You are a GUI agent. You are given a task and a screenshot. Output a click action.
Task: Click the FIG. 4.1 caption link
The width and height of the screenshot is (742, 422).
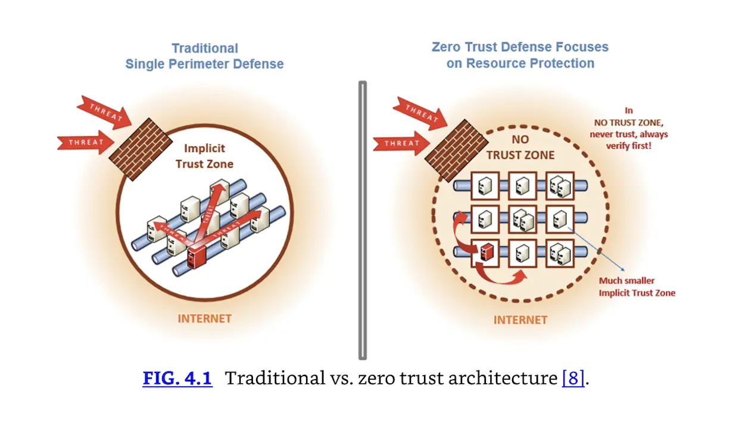coord(177,378)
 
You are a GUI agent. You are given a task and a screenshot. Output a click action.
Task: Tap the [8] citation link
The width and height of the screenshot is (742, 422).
coord(573,378)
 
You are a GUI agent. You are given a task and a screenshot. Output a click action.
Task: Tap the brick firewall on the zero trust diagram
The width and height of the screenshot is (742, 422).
coord(450,148)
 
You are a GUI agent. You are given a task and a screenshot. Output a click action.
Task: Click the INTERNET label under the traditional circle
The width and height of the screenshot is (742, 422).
coord(204,318)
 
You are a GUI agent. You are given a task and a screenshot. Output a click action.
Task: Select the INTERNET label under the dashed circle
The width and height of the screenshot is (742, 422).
coord(520,320)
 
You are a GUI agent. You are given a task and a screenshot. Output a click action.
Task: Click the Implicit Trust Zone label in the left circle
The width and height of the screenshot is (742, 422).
coord(204,156)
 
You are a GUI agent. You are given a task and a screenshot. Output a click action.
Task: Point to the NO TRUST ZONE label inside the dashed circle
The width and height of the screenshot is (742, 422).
coord(520,148)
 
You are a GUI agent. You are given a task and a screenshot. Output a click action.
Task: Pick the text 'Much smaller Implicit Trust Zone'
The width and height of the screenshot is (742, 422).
coord(637,287)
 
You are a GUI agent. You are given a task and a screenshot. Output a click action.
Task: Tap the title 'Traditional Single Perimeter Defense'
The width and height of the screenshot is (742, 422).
coord(204,56)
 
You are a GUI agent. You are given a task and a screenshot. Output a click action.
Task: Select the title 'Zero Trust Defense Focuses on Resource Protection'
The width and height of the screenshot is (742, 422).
coord(520,55)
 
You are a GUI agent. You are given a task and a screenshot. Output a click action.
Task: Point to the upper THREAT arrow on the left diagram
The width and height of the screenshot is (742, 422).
coord(104,111)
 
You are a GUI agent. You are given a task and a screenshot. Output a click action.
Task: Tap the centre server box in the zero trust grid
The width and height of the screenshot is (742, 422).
coord(522,219)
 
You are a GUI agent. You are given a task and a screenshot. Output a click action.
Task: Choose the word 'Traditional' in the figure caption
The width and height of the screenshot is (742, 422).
coord(272,378)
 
